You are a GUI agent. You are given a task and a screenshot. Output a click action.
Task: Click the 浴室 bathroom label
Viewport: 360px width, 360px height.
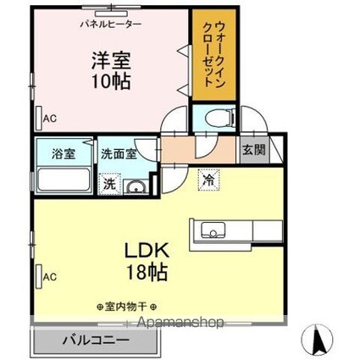pos(62,155)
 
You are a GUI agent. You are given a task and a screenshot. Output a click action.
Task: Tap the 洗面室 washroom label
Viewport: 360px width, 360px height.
pos(119,155)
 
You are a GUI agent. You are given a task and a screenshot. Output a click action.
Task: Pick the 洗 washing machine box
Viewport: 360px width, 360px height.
pos(109,184)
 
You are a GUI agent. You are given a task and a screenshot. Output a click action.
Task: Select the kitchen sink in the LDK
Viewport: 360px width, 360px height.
pos(211,230)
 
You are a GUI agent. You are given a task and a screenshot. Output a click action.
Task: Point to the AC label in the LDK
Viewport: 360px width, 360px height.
pos(49,275)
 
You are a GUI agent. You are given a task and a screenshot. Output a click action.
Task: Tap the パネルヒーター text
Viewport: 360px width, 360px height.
pos(111,25)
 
